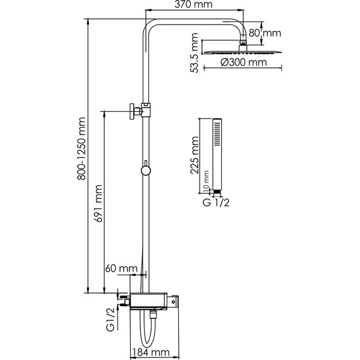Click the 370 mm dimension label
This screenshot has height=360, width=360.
[193, 4]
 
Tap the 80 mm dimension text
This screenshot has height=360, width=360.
[265, 33]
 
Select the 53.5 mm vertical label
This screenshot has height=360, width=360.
[195, 53]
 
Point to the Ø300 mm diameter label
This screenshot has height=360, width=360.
[244, 63]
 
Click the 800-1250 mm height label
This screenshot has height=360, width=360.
[81, 148]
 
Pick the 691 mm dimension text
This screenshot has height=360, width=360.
[98, 203]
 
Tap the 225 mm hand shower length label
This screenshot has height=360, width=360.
[195, 155]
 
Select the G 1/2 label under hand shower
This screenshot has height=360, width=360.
[216, 203]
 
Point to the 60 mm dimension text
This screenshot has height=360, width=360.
[121, 268]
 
